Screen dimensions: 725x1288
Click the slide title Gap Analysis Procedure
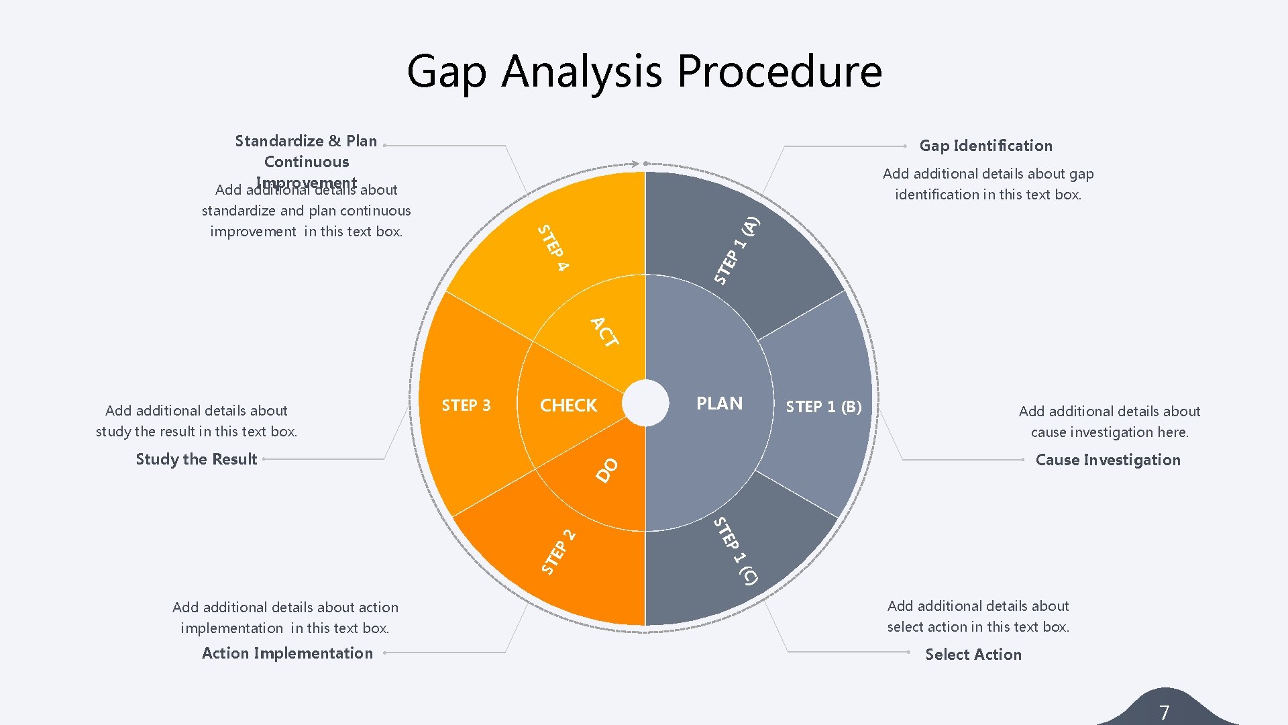point(644,71)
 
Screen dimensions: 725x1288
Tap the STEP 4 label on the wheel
point(553,248)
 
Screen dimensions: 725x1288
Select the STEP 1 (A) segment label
point(736,250)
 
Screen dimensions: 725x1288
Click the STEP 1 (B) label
point(823,407)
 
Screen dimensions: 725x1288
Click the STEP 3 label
point(466,405)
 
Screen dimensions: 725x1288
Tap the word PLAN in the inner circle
point(719,403)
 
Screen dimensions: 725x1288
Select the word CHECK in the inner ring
point(568,405)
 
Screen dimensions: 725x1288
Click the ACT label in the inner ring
point(604,332)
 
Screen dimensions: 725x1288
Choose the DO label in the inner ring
point(607,470)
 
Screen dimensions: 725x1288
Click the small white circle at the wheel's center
point(645,403)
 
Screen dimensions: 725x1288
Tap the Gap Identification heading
point(985,146)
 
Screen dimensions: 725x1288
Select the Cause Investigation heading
point(1108,460)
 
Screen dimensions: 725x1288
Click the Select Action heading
point(973,655)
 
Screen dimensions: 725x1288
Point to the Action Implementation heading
point(287,653)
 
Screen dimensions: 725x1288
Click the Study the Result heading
point(196,459)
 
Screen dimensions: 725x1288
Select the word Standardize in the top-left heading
point(279,141)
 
